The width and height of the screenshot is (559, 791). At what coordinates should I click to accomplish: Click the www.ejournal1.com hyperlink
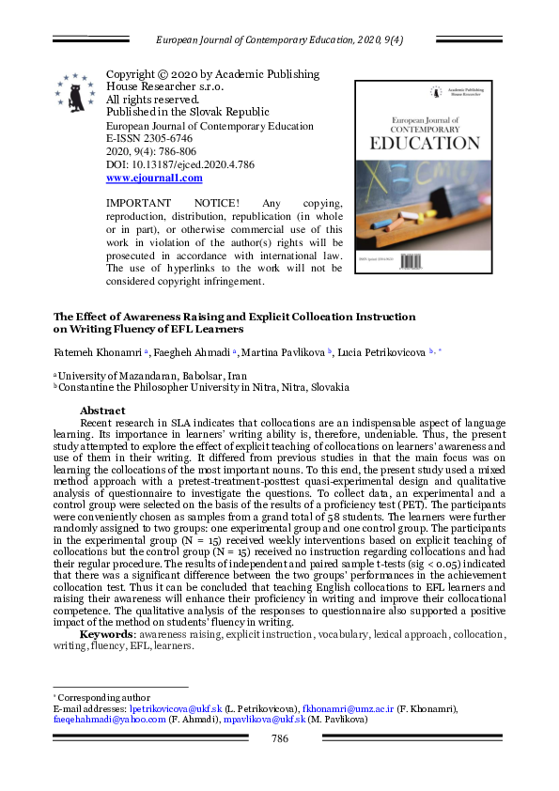[x=154, y=178]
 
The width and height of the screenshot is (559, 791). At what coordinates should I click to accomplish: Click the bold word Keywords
[x=107, y=634]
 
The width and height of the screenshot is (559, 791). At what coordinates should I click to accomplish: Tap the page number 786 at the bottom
[x=279, y=738]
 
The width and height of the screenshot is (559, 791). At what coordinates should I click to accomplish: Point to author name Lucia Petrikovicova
[x=383, y=351]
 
